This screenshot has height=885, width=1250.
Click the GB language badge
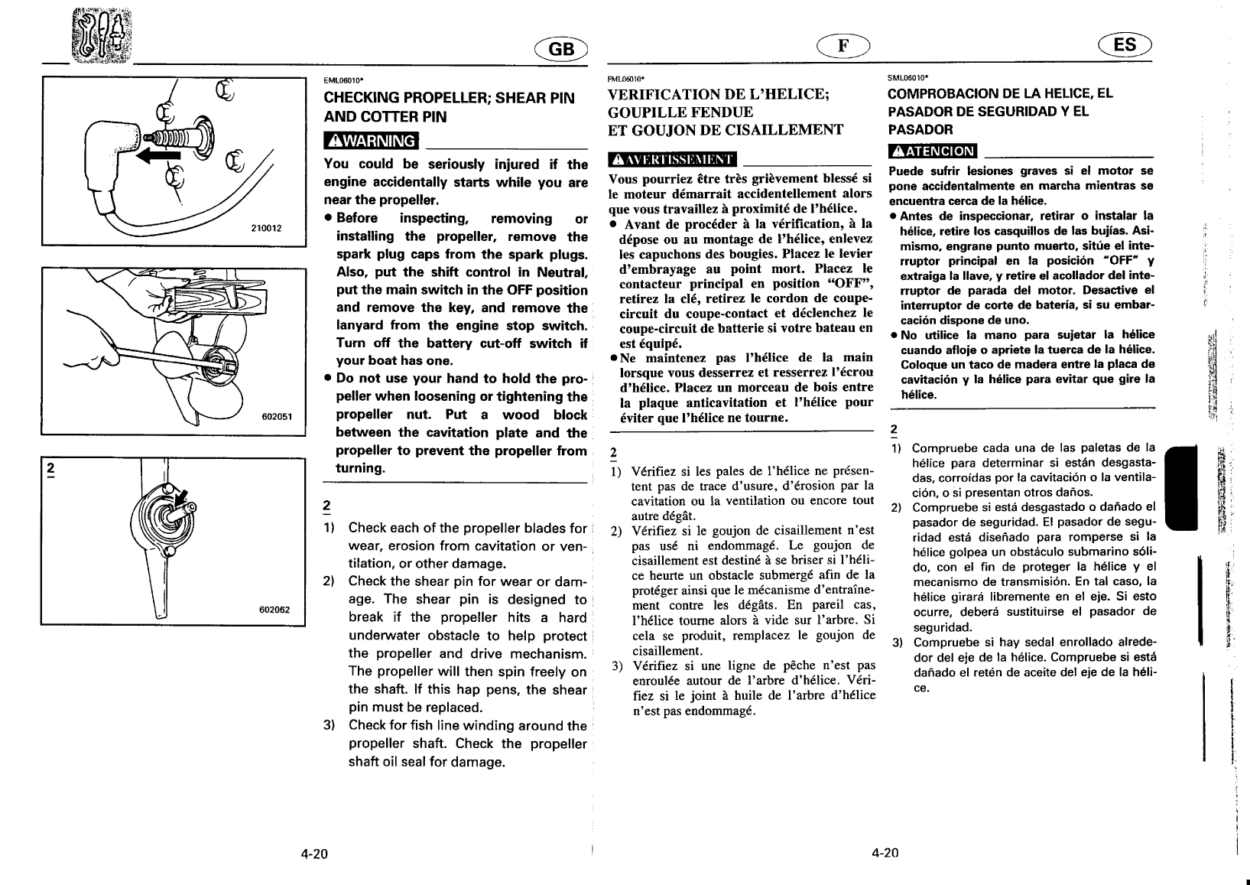pos(560,48)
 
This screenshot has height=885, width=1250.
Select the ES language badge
pos(1125,45)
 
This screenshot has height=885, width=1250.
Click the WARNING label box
pos(372,142)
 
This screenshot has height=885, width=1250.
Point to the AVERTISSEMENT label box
pos(671,159)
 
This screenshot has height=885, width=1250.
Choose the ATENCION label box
pos(932,151)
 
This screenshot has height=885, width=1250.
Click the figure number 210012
pos(267,228)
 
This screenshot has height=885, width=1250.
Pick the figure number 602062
pos(274,610)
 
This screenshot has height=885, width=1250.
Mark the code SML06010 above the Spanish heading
pos(907,77)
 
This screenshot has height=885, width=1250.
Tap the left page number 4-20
pos(313,854)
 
